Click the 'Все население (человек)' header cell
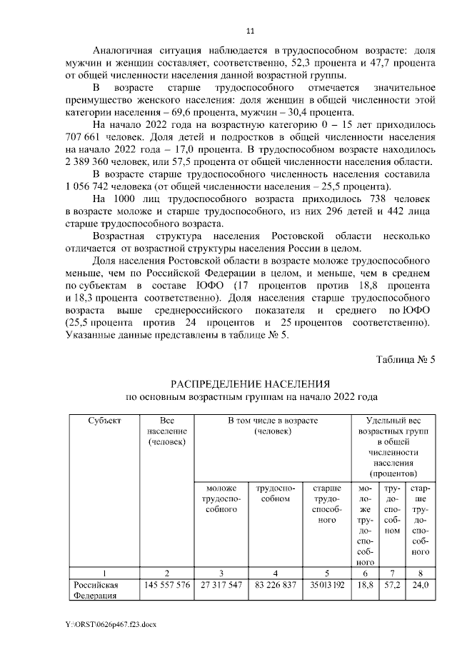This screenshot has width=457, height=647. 167,432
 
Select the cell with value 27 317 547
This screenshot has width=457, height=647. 216,585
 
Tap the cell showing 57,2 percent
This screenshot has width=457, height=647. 391,585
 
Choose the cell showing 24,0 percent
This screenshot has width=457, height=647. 421,585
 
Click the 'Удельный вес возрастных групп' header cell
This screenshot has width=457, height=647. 393,447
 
